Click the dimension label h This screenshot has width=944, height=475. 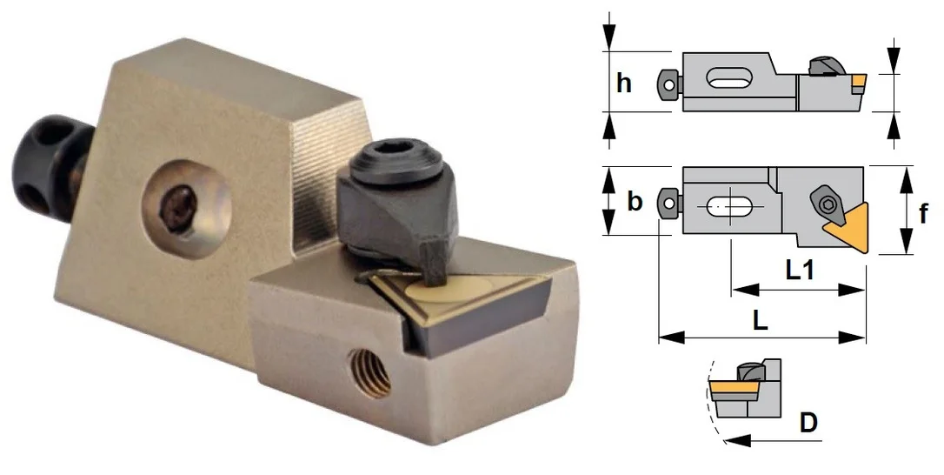pyautogui.click(x=624, y=83)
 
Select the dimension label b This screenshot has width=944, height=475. pyautogui.click(x=634, y=201)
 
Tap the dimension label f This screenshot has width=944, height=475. pyautogui.click(x=923, y=212)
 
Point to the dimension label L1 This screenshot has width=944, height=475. pyautogui.click(x=800, y=270)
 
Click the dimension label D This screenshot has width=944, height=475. pyautogui.click(x=808, y=423)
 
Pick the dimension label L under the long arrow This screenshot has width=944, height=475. pyautogui.click(x=761, y=320)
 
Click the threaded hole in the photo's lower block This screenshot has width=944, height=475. pyautogui.click(x=369, y=374)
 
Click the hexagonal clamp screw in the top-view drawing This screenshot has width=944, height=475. pyautogui.click(x=828, y=203)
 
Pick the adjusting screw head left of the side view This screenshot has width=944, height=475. pyautogui.click(x=668, y=85)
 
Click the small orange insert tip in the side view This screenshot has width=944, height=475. pyautogui.click(x=859, y=81)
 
